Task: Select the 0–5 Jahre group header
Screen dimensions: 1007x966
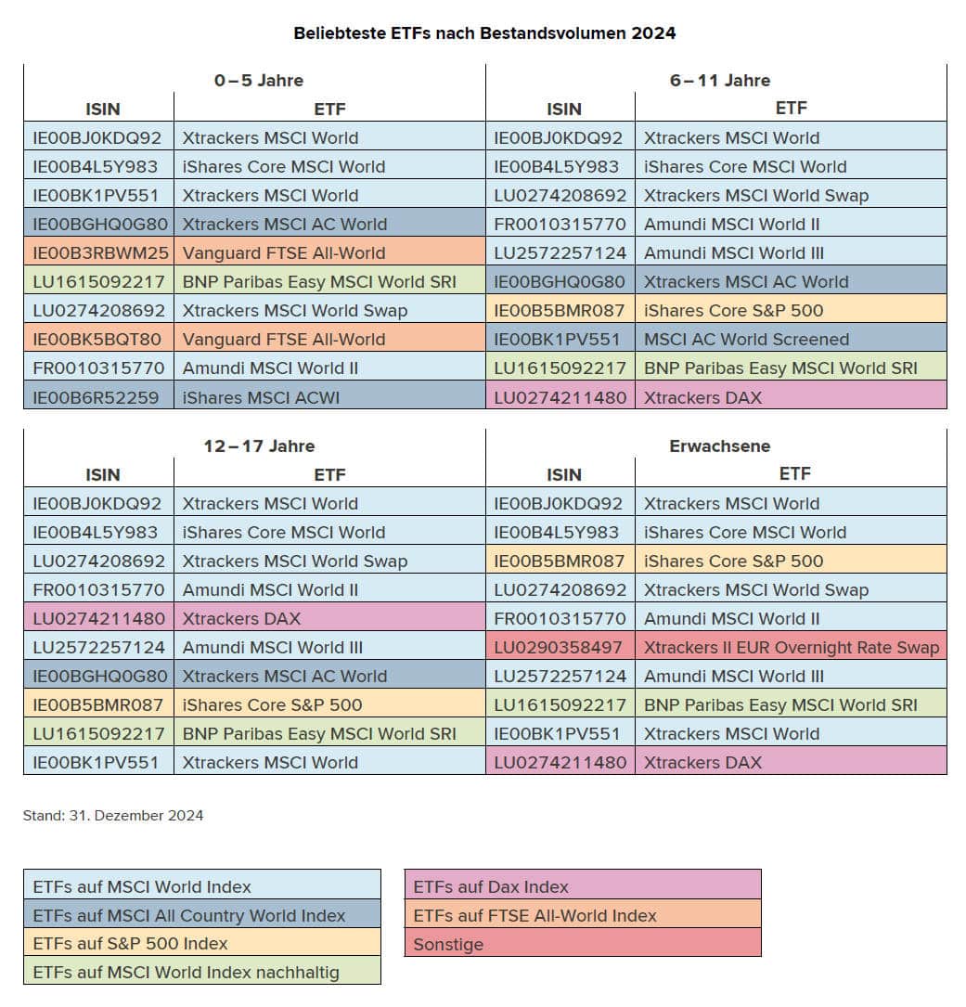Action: tap(258, 80)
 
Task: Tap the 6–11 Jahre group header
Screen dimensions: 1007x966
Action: tap(720, 80)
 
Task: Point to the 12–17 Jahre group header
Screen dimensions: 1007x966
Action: tap(259, 445)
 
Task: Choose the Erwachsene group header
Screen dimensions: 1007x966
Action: tap(720, 445)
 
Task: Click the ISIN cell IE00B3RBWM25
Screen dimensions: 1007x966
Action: tap(100, 252)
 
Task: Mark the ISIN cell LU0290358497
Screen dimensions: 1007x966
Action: tap(560, 647)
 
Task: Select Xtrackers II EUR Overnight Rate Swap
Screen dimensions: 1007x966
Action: tap(792, 647)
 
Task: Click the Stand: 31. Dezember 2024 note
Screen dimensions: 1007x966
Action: tap(113, 816)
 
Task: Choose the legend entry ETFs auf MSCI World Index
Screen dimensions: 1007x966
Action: tap(142, 886)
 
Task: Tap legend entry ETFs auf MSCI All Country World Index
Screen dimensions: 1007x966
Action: tap(188, 915)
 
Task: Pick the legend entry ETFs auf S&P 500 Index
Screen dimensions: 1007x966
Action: tap(130, 943)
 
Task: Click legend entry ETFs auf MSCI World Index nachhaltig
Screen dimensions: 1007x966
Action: tap(186, 972)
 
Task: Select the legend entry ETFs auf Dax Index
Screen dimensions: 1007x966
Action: tap(491, 886)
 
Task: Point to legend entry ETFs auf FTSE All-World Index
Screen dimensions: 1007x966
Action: tap(535, 915)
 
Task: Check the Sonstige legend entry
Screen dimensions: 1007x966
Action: tap(448, 943)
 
